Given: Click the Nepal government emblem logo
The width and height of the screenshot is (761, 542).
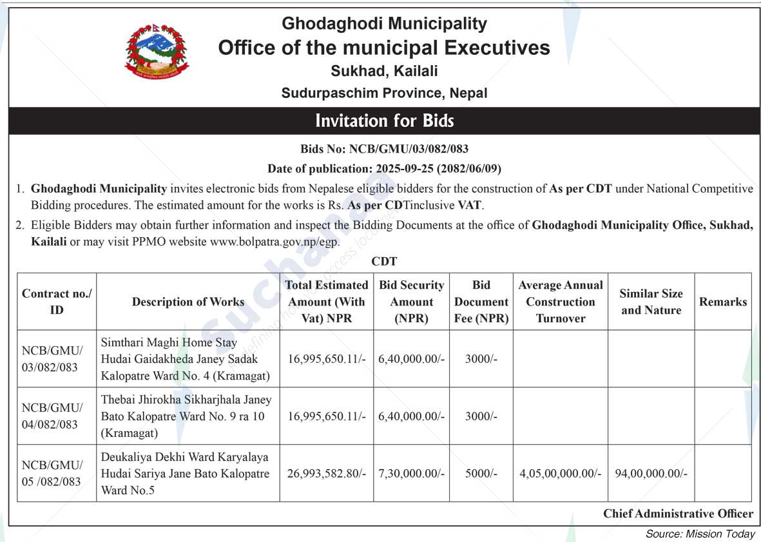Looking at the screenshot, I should [x=157, y=52].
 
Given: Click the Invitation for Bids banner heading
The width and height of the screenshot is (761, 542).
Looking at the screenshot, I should [x=384, y=121].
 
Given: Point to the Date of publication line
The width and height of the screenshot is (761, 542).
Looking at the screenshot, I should [x=384, y=169].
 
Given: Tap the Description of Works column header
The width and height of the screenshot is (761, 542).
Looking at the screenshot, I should [x=188, y=302].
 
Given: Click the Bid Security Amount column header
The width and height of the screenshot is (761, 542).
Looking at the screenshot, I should [x=412, y=302].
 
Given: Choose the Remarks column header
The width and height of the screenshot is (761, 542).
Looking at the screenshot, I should [x=723, y=302].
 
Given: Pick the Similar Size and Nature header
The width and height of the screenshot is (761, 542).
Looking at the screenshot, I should [x=651, y=302].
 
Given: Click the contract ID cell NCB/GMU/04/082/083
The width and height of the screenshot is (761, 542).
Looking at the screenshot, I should [x=52, y=416].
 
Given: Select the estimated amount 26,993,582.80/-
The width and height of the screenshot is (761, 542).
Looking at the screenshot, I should [x=327, y=474].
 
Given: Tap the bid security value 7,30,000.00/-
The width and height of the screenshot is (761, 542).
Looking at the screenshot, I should [x=412, y=474].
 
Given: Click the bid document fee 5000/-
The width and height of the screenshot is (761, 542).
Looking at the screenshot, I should [x=481, y=474].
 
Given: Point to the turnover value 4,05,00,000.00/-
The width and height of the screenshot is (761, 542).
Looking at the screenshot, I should [x=561, y=474].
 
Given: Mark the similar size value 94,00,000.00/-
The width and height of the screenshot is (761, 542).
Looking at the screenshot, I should [x=651, y=474].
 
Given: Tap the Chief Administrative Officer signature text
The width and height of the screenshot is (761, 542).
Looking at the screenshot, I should [x=678, y=514].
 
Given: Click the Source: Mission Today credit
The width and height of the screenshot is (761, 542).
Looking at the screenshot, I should [x=700, y=534].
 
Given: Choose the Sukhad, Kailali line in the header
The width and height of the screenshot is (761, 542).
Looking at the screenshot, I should [x=384, y=71].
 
